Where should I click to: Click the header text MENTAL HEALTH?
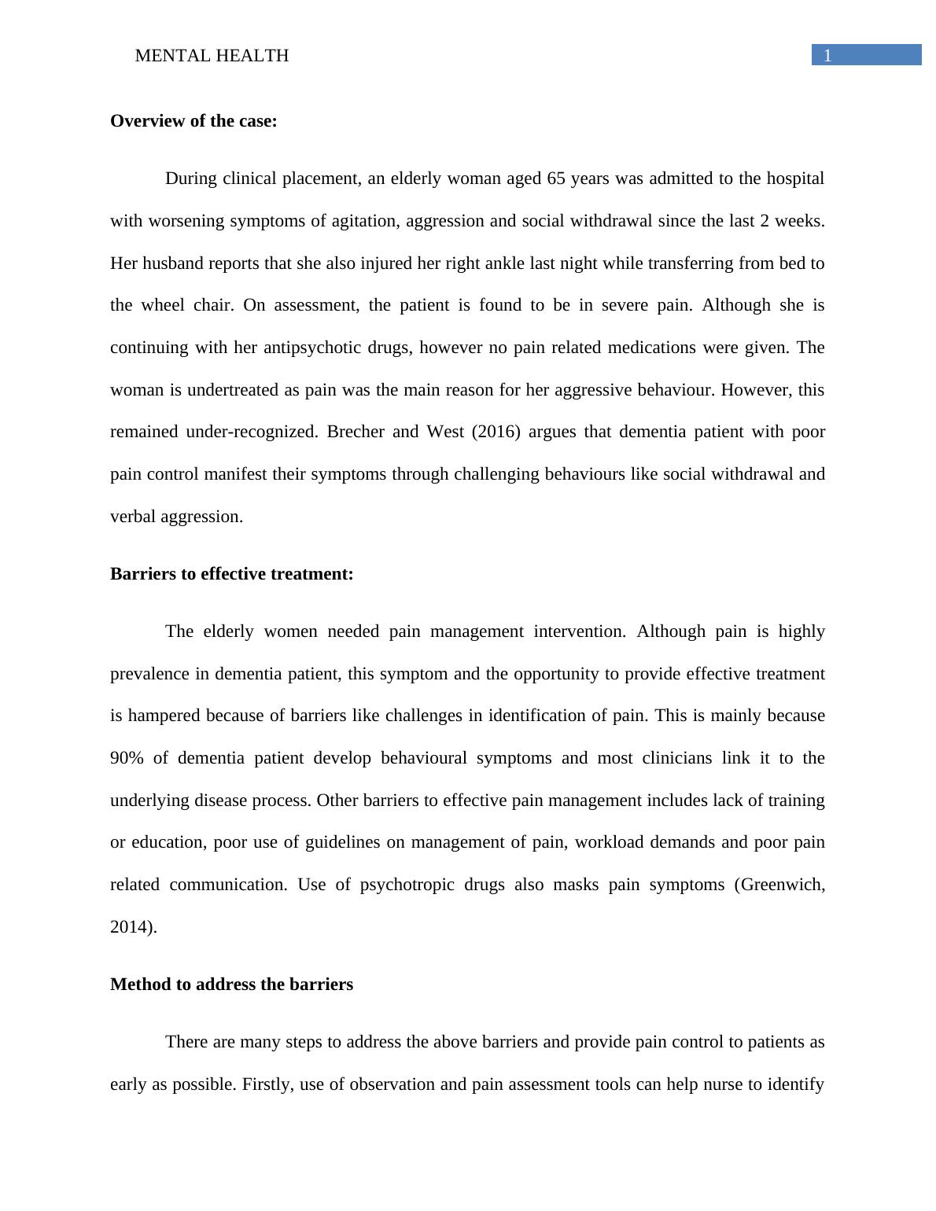click(212, 56)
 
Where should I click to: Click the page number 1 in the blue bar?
click(827, 55)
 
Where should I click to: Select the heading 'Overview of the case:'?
click(193, 121)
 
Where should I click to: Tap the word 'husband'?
click(171, 263)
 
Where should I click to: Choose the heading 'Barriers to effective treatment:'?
click(231, 574)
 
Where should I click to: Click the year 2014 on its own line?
click(131, 927)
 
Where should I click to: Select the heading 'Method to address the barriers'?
click(231, 985)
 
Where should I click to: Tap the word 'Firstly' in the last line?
click(267, 1084)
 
